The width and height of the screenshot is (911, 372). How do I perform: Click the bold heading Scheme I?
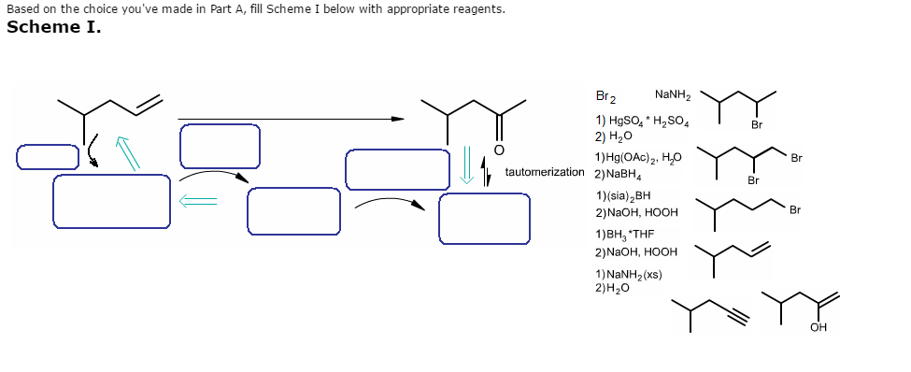point(54,26)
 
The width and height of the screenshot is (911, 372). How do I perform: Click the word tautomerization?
point(544,173)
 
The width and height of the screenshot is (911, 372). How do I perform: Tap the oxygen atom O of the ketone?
point(499,150)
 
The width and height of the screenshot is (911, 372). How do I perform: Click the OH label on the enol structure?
point(819,327)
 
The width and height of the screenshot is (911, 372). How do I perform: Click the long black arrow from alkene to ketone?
point(291,119)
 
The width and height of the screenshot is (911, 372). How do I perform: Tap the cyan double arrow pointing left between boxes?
point(199,199)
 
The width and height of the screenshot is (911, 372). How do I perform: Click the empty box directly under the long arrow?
point(219,146)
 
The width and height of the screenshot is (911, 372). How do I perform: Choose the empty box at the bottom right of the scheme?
point(484,218)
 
